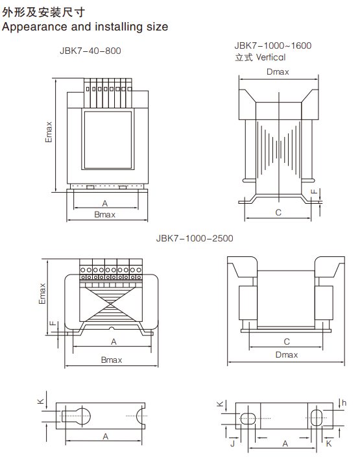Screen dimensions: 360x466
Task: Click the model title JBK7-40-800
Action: coord(90,51)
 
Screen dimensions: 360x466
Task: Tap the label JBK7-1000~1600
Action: coord(272,46)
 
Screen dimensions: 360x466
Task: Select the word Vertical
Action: coord(270,57)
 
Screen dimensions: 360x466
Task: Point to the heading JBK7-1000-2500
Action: coord(195,238)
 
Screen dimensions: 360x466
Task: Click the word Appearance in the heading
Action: coord(35,27)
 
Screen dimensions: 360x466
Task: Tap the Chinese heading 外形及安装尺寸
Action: coord(43,12)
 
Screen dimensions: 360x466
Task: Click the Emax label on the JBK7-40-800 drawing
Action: coord(49,132)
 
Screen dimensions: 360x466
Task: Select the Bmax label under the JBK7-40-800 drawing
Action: coord(104,215)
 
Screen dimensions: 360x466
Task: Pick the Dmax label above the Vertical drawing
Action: coord(278,72)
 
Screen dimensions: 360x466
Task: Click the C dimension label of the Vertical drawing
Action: coord(278,213)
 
